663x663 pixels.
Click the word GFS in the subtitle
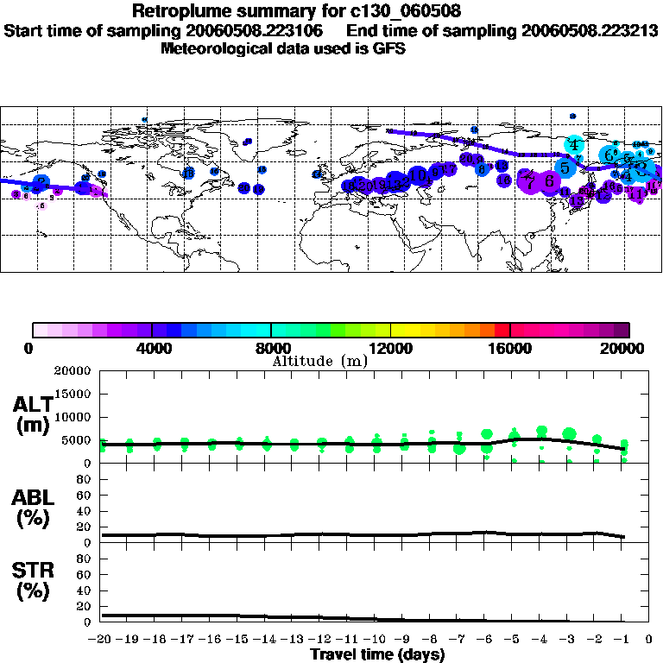pyautogui.click(x=388, y=48)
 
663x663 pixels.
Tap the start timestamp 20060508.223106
pyautogui.click(x=262, y=31)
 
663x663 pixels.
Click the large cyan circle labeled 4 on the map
pyautogui.click(x=574, y=145)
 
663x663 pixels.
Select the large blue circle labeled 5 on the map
pyautogui.click(x=565, y=167)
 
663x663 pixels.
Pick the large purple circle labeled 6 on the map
pyautogui.click(x=547, y=181)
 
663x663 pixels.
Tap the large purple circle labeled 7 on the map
pyautogui.click(x=529, y=181)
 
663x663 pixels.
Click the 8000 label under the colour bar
pyautogui.click(x=271, y=348)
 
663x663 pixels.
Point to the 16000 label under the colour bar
pyautogui.click(x=510, y=348)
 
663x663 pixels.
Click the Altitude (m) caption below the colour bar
pyautogui.click(x=319, y=361)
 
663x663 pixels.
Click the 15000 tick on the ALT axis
pyautogui.click(x=74, y=394)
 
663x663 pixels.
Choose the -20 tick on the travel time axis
pyautogui.click(x=101, y=640)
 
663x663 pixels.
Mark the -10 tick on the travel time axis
pyautogui.click(x=376, y=640)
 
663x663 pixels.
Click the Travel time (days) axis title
pyautogui.click(x=377, y=654)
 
